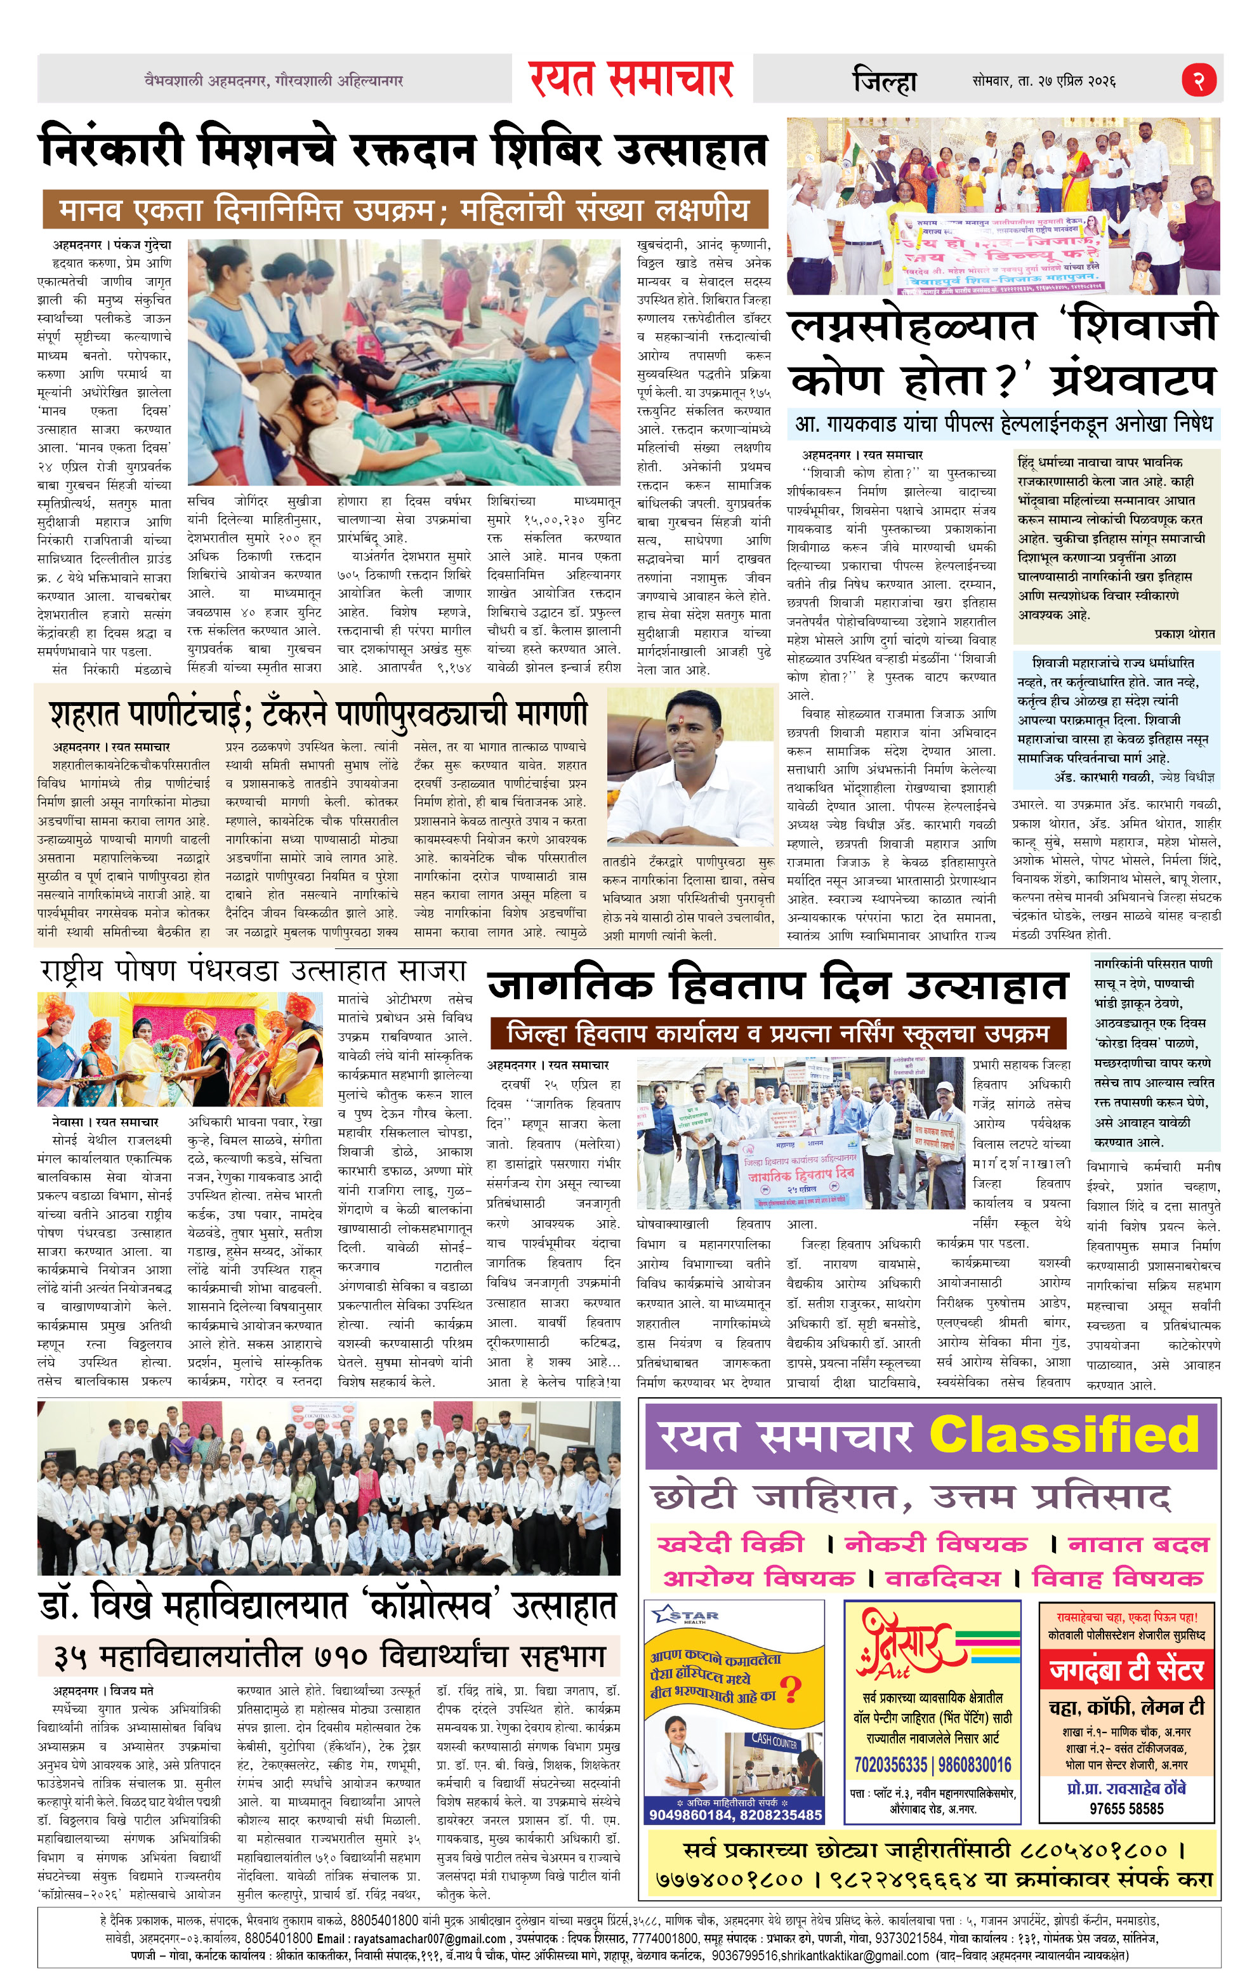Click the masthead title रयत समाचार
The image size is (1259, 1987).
tap(631, 79)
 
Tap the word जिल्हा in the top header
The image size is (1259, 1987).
tap(885, 81)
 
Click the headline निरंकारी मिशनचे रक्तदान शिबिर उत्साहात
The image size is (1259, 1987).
tap(404, 150)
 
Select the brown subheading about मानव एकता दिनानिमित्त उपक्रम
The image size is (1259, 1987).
tap(404, 209)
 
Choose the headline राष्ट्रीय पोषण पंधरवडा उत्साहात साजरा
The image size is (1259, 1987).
tap(253, 971)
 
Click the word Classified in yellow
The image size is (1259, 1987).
tap(1064, 1434)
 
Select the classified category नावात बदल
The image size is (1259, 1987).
tap(1138, 1544)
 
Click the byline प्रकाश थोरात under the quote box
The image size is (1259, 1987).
tap(1185, 634)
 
